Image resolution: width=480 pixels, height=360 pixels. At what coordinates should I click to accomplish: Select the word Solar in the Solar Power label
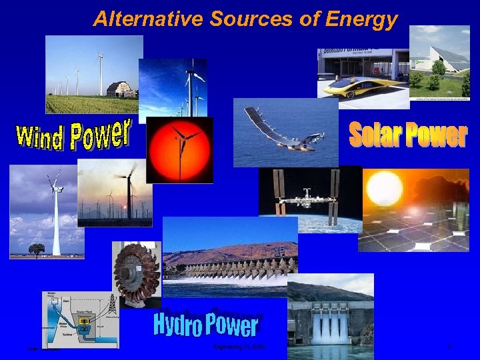pyautogui.click(x=376, y=135)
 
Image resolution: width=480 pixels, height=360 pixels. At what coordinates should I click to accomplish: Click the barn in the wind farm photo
pyautogui.click(x=121, y=89)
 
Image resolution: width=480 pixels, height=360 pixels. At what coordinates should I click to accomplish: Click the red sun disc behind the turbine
pyautogui.click(x=179, y=149)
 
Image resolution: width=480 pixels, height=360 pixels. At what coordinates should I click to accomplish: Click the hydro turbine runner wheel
pyautogui.click(x=136, y=273)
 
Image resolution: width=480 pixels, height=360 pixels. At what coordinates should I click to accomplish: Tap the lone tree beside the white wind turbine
pyautogui.click(x=37, y=249)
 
